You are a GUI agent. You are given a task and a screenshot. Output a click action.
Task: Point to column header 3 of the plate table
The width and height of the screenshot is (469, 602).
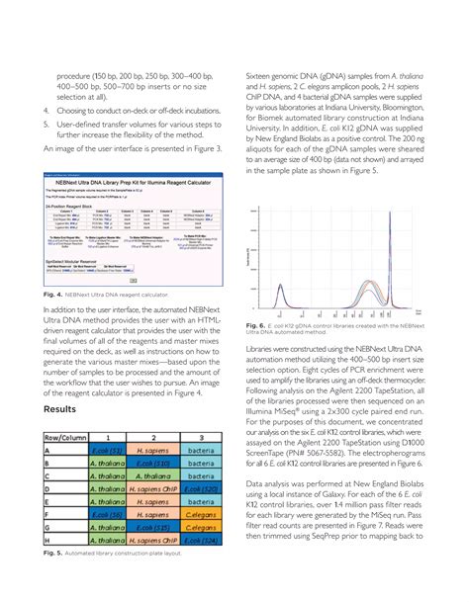pos(203,435)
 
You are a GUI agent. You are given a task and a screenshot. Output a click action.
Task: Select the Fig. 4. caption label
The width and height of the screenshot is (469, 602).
pos(54,295)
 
